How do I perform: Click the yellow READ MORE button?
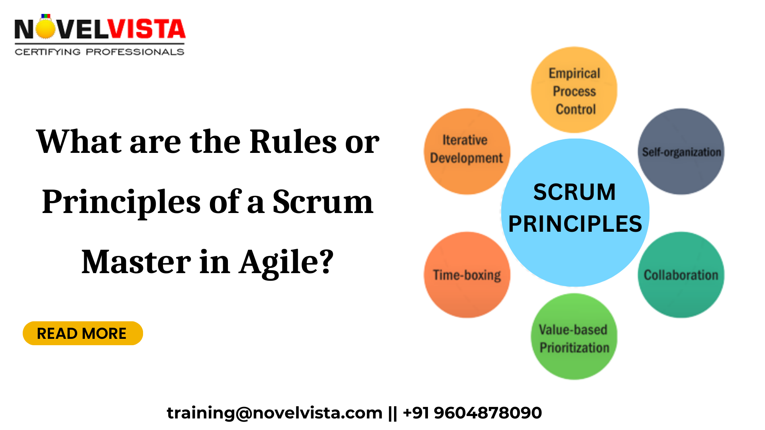pyautogui.click(x=82, y=333)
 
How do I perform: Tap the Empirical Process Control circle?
pyautogui.click(x=574, y=90)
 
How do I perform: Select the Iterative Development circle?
pyautogui.click(x=467, y=151)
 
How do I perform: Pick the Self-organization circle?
pyautogui.click(x=681, y=152)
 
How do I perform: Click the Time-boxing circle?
pyautogui.click(x=467, y=275)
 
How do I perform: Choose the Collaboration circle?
pyautogui.click(x=681, y=275)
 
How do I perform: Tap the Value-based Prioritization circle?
pyautogui.click(x=574, y=337)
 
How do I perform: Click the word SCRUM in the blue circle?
pyautogui.click(x=574, y=192)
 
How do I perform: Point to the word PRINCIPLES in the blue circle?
pyautogui.click(x=575, y=224)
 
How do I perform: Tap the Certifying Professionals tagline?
pyautogui.click(x=100, y=52)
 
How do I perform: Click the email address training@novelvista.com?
pyautogui.click(x=274, y=413)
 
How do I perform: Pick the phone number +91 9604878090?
pyautogui.click(x=472, y=413)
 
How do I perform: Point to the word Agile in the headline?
pyautogui.click(x=286, y=262)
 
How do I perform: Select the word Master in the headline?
pyautogui.click(x=136, y=262)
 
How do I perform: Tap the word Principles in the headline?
pyautogui.click(x=121, y=202)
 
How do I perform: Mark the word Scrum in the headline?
pyautogui.click(x=323, y=202)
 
